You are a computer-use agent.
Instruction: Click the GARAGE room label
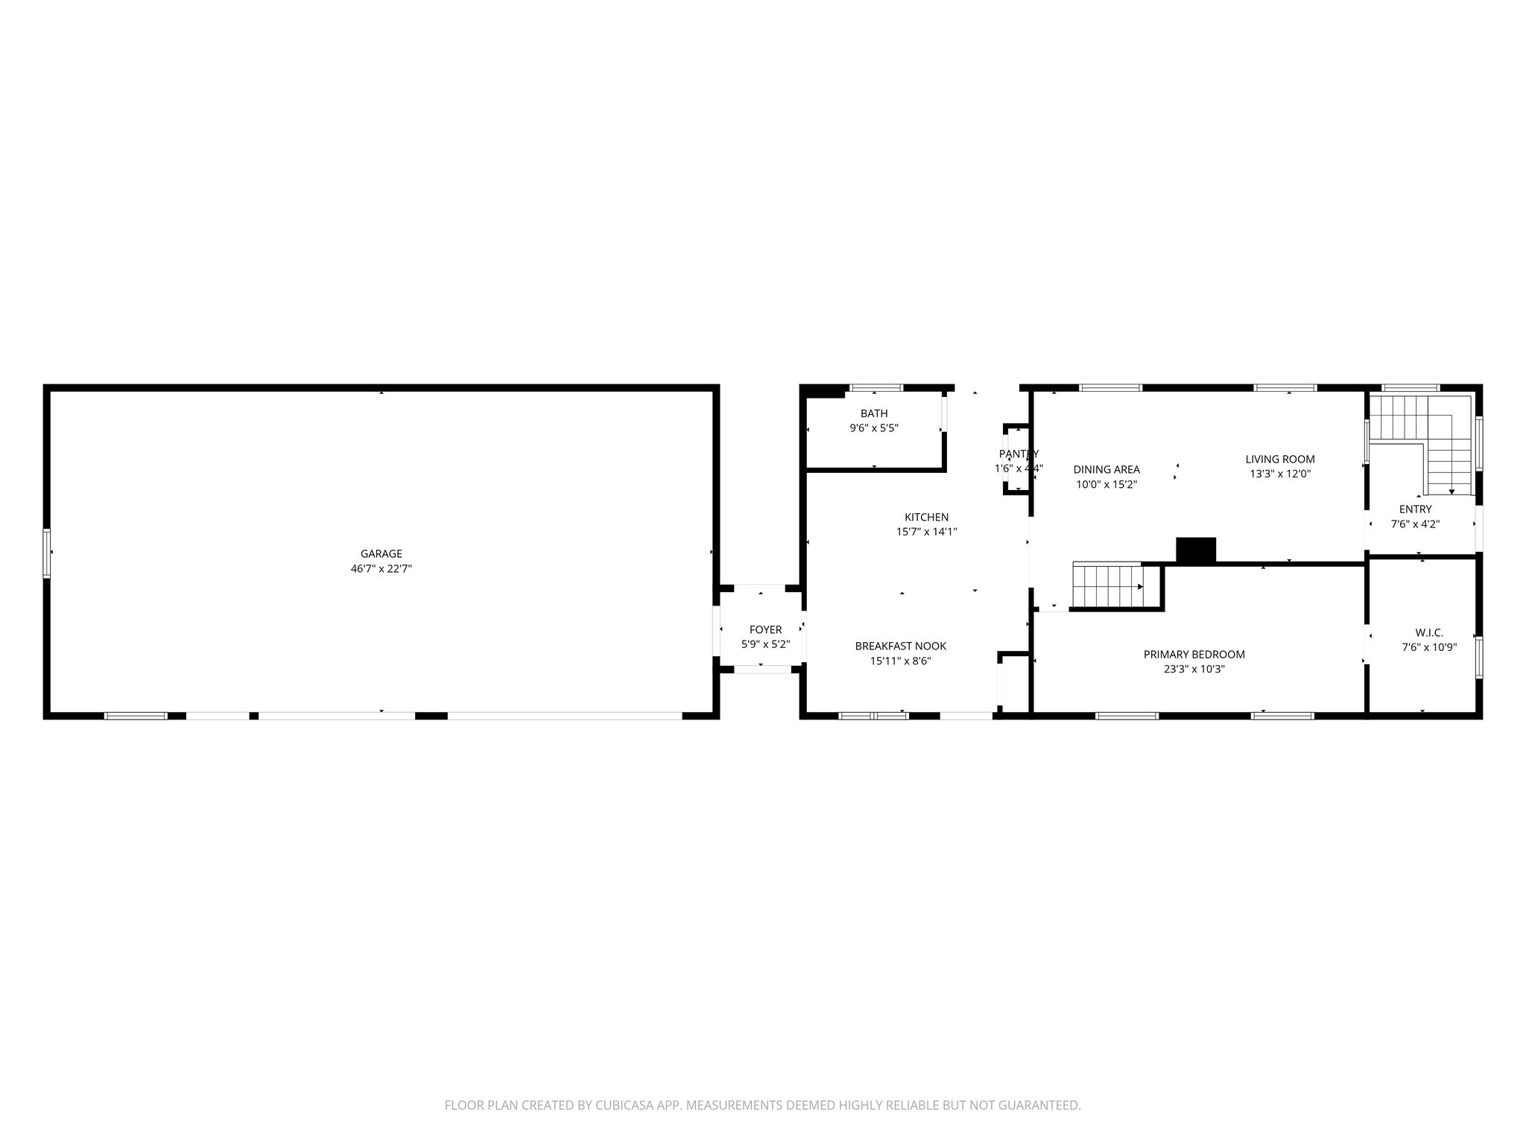pos(381,553)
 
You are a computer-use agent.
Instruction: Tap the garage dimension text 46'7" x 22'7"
pos(381,568)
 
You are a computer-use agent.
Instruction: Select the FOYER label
pos(765,630)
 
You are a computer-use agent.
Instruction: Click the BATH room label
pos(874,413)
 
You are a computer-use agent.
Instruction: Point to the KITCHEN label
pos(926,517)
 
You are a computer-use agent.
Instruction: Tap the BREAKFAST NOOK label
pos(900,646)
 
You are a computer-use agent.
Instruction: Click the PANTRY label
pos(1019,454)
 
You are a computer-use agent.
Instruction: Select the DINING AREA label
pos(1106,469)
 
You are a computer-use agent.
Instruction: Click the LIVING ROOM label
pos(1280,459)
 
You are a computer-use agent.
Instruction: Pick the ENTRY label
pos(1415,509)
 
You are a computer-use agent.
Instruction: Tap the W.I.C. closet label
pos(1429,632)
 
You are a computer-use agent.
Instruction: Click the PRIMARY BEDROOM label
pos(1194,654)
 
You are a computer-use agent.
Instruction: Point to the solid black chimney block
pos(1195,550)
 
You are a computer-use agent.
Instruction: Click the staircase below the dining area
pos(1107,586)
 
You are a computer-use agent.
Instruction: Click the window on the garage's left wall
pos(47,553)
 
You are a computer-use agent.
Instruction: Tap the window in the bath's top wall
pos(876,388)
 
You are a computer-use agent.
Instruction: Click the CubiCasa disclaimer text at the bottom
pos(762,1105)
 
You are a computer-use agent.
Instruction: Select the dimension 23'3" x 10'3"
pos(1194,669)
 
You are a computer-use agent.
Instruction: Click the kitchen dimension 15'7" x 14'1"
pos(926,532)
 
